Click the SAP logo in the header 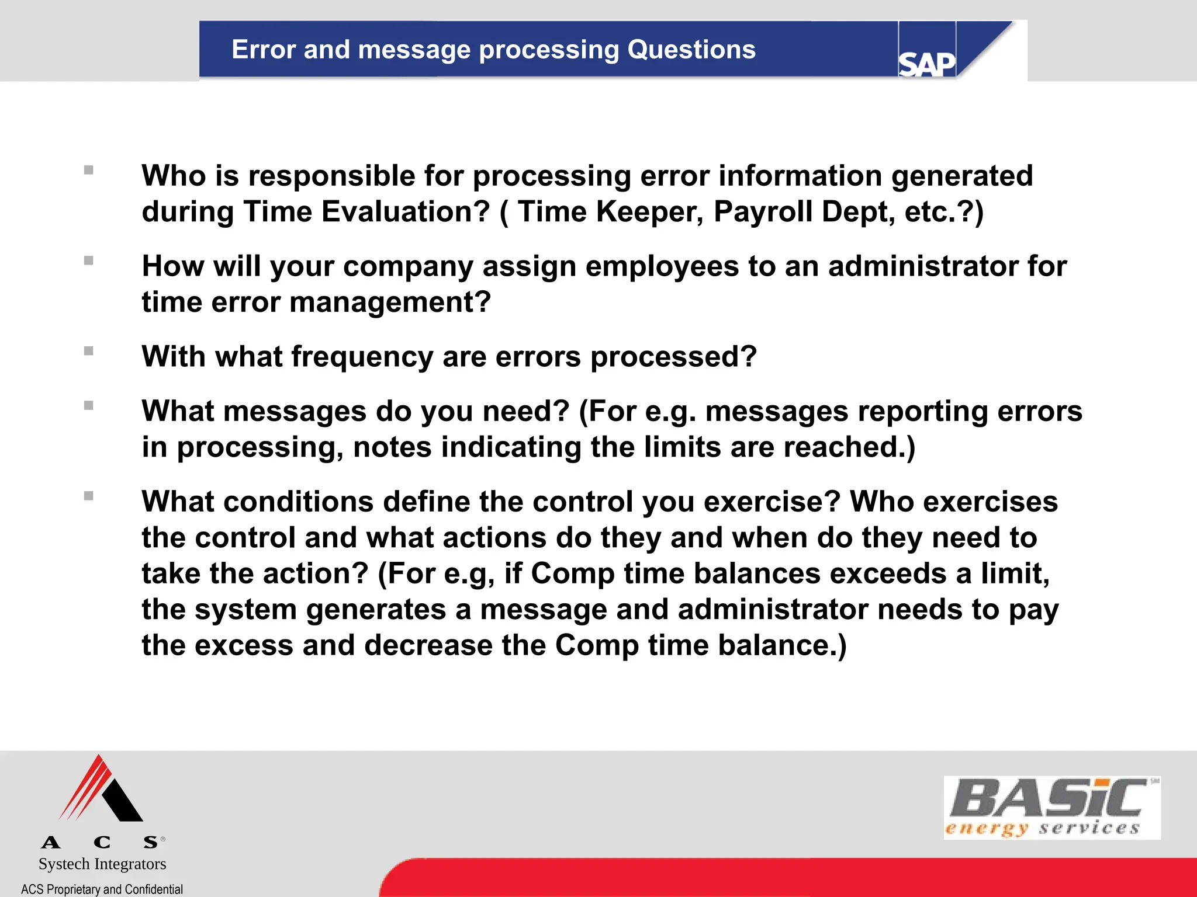coord(926,63)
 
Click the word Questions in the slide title coord(691,50)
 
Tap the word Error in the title coord(263,50)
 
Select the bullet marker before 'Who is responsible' coord(89,170)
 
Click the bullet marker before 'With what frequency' coord(89,351)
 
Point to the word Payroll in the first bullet coord(762,212)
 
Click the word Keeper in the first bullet coord(649,212)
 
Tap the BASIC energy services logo coord(1051,808)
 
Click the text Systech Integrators coord(102,864)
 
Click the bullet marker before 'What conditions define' coord(89,496)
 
